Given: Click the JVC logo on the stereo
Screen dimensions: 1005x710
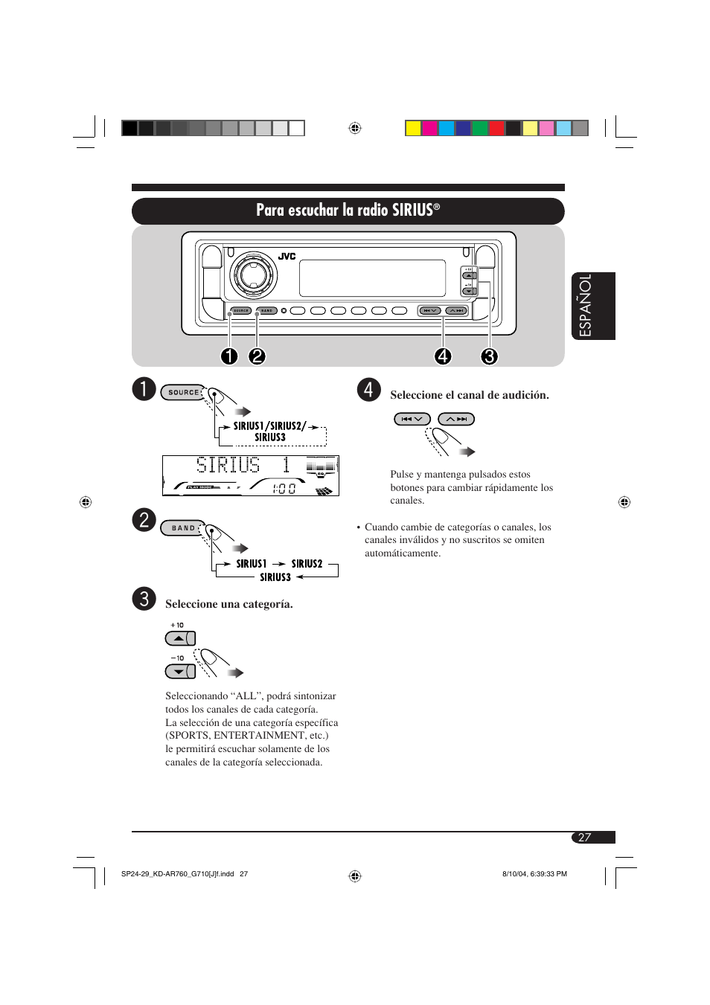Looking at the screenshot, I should [287, 256].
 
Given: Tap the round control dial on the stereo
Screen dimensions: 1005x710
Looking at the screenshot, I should [253, 274].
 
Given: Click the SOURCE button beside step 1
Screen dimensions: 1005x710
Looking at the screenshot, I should [183, 392].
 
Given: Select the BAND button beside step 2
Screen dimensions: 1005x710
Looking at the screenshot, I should [183, 528].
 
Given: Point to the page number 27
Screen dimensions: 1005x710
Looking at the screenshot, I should [585, 838].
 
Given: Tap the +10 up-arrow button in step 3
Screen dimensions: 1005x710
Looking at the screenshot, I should [179, 638].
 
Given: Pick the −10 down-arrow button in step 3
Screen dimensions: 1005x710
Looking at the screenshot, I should [179, 671].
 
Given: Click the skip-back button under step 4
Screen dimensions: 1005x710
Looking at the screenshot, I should [412, 419].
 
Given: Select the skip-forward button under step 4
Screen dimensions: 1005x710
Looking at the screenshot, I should [456, 419].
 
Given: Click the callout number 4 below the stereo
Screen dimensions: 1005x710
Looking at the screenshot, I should [443, 356].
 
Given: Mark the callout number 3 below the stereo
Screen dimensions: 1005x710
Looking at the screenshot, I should [489, 356].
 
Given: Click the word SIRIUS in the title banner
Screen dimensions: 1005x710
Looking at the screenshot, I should [412, 211].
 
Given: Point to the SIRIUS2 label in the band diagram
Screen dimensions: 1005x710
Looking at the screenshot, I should [307, 564].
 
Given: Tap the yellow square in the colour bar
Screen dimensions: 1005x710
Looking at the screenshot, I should [413, 128].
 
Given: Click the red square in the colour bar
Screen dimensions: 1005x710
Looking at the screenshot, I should [496, 128].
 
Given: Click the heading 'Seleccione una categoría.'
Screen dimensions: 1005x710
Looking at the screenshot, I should [228, 604].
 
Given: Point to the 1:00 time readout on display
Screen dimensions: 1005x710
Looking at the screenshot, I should [284, 489].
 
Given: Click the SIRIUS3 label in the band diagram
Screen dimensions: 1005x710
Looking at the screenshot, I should [275, 577].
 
